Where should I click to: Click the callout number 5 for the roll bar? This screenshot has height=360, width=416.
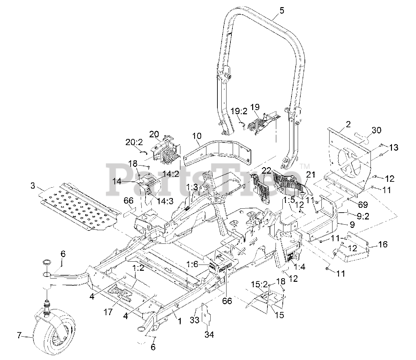click(281, 11)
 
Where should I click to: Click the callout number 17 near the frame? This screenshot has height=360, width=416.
click(108, 312)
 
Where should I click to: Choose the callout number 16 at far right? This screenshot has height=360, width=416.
click(383, 244)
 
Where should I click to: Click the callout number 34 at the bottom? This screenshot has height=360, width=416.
click(209, 334)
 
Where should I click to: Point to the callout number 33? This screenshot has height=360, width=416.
click(195, 320)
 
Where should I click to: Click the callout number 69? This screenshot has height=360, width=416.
click(363, 205)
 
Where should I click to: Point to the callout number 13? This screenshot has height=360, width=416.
click(393, 148)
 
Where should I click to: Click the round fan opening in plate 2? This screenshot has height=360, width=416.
click(350, 161)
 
